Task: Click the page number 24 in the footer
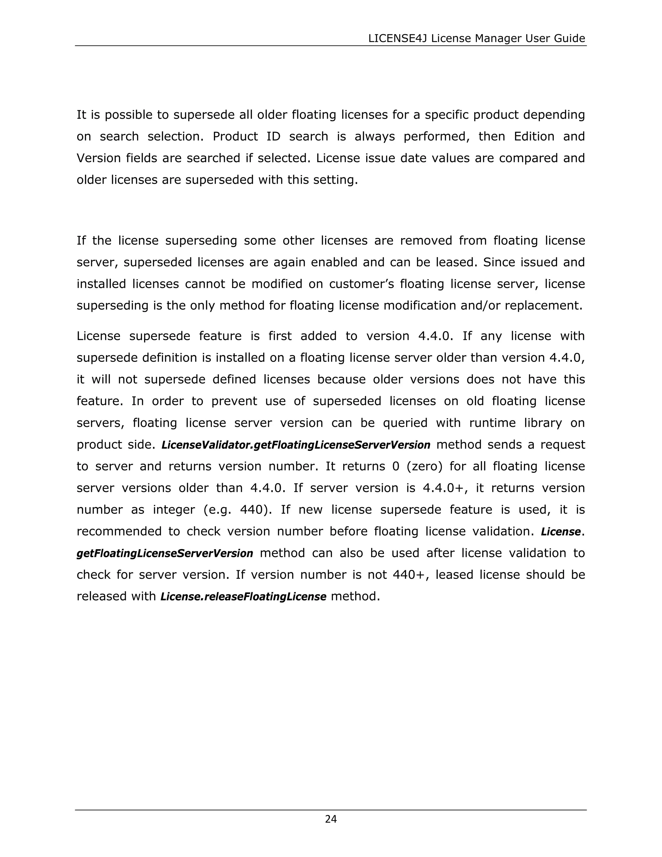pyautogui.click(x=331, y=819)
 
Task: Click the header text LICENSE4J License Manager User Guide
pyautogui.click(x=476, y=38)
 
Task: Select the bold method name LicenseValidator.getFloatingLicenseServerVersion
pyautogui.click(x=296, y=445)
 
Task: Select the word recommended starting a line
pyautogui.click(x=119, y=532)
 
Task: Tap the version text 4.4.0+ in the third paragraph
pyautogui.click(x=445, y=488)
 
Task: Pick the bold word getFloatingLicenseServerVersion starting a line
pyautogui.click(x=165, y=554)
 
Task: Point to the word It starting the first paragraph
pyautogui.click(x=81, y=115)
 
